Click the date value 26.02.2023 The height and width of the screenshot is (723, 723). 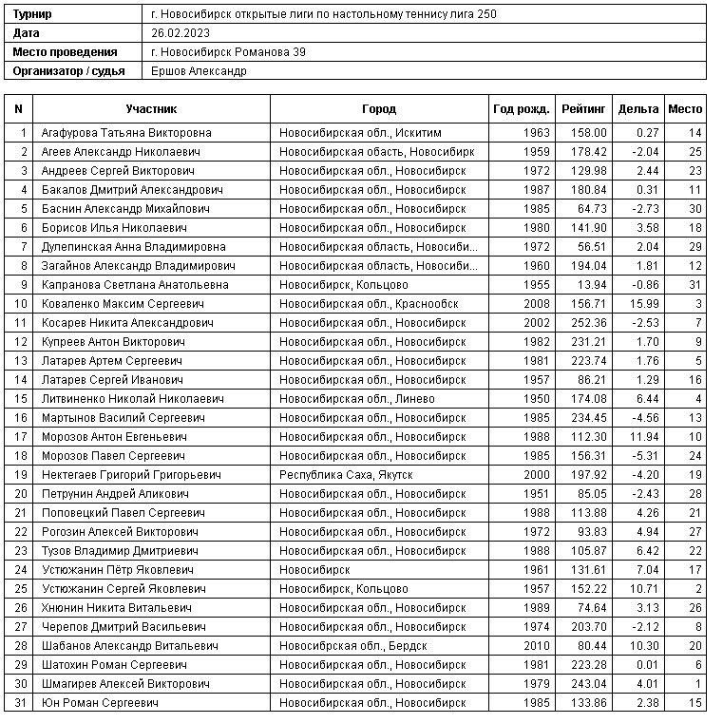point(180,33)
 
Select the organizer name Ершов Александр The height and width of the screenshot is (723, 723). point(199,71)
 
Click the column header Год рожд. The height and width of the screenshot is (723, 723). point(522,109)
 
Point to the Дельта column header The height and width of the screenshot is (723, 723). point(637,109)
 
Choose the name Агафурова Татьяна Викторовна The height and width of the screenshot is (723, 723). point(126,133)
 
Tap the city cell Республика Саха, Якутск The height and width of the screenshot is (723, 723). point(346,475)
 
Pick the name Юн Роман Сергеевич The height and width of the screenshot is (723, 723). point(100,703)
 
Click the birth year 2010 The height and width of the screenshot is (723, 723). point(537,646)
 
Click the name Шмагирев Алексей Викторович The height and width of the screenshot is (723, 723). point(125,684)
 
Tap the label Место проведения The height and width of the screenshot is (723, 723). point(66,52)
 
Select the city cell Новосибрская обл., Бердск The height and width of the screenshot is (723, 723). point(352,646)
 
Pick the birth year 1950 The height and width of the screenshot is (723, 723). point(537,399)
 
